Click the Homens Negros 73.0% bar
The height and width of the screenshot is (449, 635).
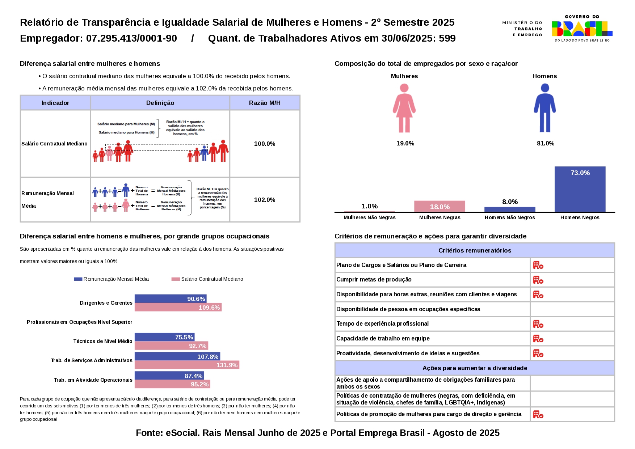[x=580, y=189]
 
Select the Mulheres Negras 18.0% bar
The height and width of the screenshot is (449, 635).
[x=440, y=206]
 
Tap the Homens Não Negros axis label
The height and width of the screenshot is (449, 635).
[x=510, y=217]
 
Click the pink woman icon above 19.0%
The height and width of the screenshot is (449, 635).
[x=404, y=108]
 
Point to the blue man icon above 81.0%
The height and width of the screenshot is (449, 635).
[x=544, y=108]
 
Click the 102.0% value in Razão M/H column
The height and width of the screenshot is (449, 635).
[x=265, y=200]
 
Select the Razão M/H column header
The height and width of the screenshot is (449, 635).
[x=265, y=103]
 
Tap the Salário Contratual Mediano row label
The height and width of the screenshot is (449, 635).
[x=54, y=144]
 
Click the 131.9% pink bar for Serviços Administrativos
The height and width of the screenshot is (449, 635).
[x=187, y=365]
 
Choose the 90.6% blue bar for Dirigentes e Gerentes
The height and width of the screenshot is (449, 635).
[x=170, y=298]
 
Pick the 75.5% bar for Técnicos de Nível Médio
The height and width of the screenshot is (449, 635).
[x=164, y=337]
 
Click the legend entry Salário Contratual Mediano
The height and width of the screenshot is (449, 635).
[x=207, y=279]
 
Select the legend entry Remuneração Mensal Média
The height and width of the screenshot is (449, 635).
[x=112, y=279]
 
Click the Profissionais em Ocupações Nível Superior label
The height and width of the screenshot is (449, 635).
[x=79, y=322]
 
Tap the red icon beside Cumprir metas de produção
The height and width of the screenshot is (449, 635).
[x=538, y=280]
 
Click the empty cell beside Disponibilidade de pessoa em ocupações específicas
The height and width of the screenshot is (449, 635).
[x=572, y=309]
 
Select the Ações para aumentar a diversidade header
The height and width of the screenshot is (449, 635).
[x=474, y=368]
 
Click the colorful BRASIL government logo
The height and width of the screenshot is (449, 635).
[x=582, y=29]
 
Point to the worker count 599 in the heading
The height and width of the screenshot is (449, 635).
[x=447, y=38]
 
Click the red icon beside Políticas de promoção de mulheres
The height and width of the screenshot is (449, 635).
[x=538, y=414]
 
